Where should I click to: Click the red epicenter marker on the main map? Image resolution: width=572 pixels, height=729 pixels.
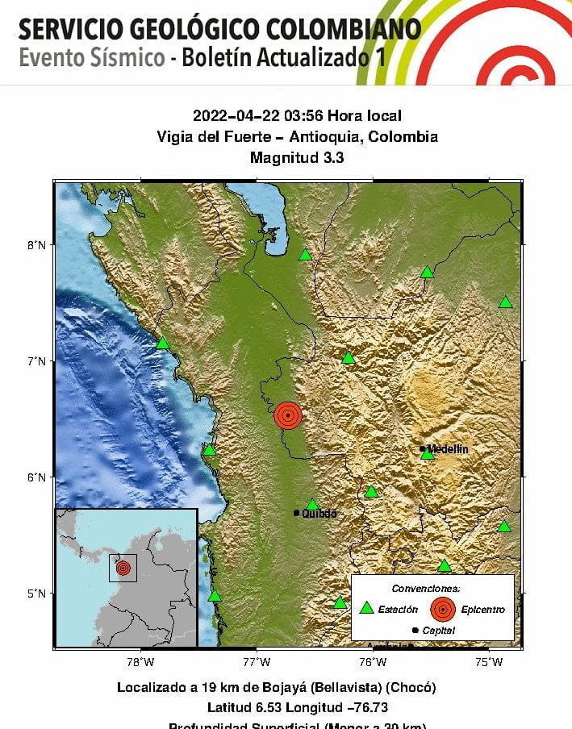288,415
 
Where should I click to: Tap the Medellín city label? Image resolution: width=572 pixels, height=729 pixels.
448,448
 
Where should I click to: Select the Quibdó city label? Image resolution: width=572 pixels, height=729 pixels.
319,514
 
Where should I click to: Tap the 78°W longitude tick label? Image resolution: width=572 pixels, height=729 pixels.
141,662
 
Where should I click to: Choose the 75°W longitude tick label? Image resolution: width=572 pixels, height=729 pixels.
489,662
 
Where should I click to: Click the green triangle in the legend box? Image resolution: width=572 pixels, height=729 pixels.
366,609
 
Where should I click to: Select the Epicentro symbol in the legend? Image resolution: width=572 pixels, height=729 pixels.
442,609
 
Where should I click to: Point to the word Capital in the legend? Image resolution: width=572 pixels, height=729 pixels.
438,631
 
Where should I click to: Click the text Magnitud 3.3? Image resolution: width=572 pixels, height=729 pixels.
297,158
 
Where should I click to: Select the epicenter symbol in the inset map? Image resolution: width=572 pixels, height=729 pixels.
123,568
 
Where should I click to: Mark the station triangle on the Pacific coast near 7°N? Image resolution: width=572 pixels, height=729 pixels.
162,344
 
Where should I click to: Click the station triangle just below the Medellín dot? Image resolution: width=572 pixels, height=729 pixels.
428,454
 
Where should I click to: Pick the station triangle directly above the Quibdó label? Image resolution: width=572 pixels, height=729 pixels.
312,505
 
